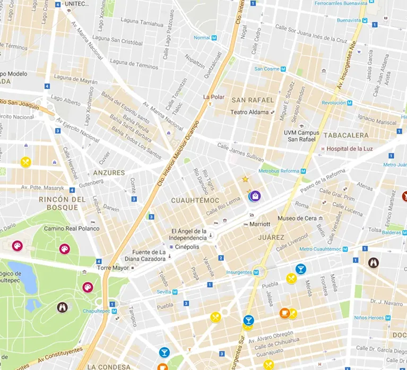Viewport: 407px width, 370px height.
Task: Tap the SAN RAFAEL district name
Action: (253, 100)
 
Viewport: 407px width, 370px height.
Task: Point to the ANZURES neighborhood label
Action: (109, 173)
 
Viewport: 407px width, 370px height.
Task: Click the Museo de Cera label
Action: (297, 219)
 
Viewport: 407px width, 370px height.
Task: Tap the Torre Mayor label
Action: (113, 268)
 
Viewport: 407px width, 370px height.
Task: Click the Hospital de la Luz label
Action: (350, 149)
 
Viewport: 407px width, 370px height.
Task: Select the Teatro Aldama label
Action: (249, 112)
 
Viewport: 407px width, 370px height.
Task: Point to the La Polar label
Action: (214, 97)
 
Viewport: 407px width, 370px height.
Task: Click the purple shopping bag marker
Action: (255, 196)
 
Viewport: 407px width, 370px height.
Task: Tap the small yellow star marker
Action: (245, 179)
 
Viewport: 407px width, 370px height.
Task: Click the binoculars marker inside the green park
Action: (63, 307)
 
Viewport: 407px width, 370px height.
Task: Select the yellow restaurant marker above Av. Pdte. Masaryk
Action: (25, 162)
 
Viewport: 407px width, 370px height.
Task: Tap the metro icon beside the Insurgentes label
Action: (256, 272)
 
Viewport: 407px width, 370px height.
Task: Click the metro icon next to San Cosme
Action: (283, 68)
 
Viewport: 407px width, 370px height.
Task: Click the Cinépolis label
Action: (188, 247)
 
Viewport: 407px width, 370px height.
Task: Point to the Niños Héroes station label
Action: (369, 317)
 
